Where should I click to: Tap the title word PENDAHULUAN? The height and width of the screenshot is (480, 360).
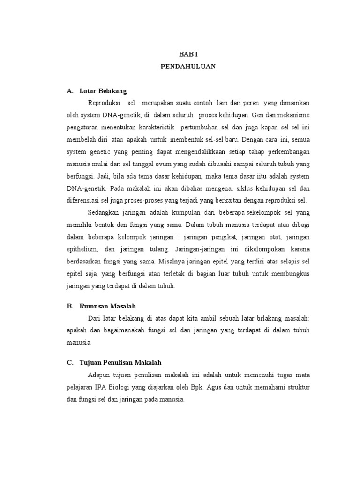(187, 67)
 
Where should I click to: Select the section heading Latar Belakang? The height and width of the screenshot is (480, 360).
(103, 90)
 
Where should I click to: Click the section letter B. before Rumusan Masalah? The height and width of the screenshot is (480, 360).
(70, 306)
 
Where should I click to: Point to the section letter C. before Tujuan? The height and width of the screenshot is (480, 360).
(70, 362)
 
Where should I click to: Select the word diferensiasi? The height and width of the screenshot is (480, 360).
(82, 200)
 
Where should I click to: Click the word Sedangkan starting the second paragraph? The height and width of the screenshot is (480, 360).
(104, 212)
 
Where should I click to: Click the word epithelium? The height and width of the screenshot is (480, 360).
(82, 249)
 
